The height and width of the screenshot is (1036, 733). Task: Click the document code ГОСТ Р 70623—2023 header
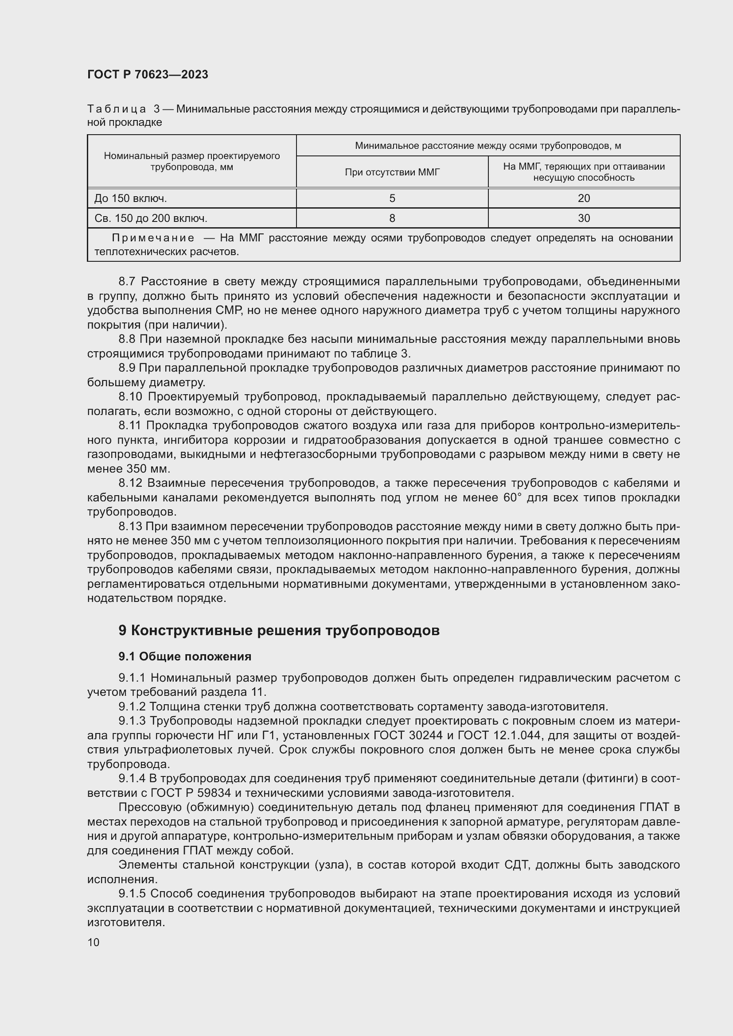tap(148, 74)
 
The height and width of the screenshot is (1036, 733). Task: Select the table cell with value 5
tap(392, 198)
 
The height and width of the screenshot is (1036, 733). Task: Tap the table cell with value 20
tap(584, 198)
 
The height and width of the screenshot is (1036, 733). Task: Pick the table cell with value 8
tap(392, 218)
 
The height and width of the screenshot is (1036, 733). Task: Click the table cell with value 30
tap(584, 218)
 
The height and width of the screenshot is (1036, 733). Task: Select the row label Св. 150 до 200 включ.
tap(151, 218)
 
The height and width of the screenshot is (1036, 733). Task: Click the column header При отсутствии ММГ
tap(392, 172)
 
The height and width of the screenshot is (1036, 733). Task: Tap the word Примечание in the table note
tap(153, 238)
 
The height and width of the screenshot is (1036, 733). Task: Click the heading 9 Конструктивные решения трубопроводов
tap(278, 630)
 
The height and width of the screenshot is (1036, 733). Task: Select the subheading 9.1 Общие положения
tap(185, 656)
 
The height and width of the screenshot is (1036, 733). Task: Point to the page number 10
tap(94, 942)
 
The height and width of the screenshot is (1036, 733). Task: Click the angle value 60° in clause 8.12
tap(512, 498)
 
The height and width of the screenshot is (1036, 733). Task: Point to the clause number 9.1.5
tap(132, 893)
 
